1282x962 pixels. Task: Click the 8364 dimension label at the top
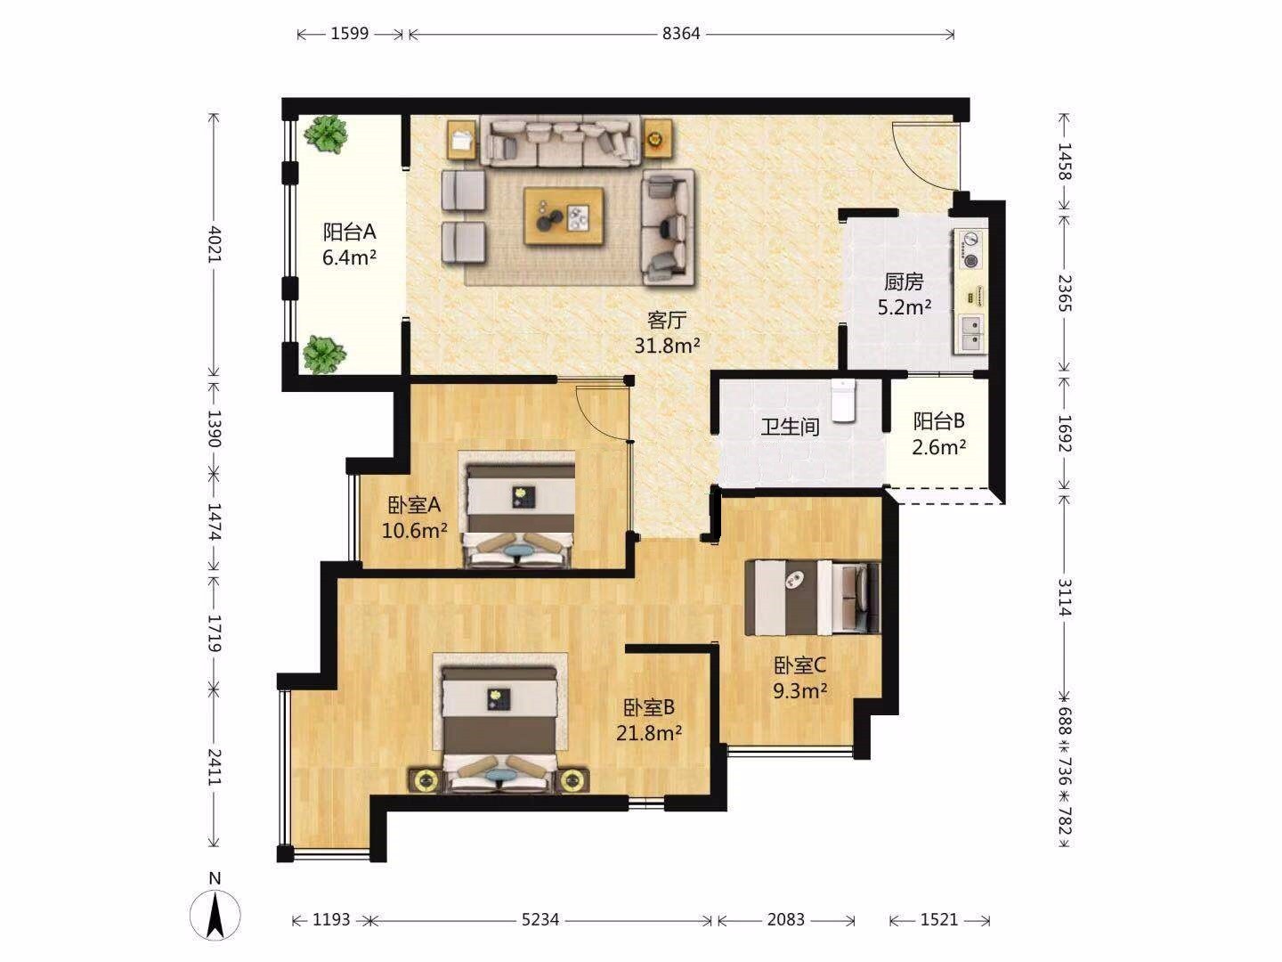681,34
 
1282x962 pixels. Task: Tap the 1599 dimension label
350,34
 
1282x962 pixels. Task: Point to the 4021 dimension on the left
215,244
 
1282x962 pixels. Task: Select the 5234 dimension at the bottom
540,920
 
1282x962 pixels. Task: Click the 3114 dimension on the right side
1066,598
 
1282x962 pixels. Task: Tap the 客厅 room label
667,320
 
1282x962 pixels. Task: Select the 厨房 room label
904,282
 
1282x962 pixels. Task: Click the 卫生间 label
791,427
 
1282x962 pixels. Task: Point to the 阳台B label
938,421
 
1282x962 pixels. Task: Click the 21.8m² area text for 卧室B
649,732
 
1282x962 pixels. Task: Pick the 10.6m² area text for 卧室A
415,530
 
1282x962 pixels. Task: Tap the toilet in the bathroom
843,400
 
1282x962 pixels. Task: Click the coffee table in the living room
564,216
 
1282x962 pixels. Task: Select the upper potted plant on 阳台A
325,134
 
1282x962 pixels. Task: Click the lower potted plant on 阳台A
324,354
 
